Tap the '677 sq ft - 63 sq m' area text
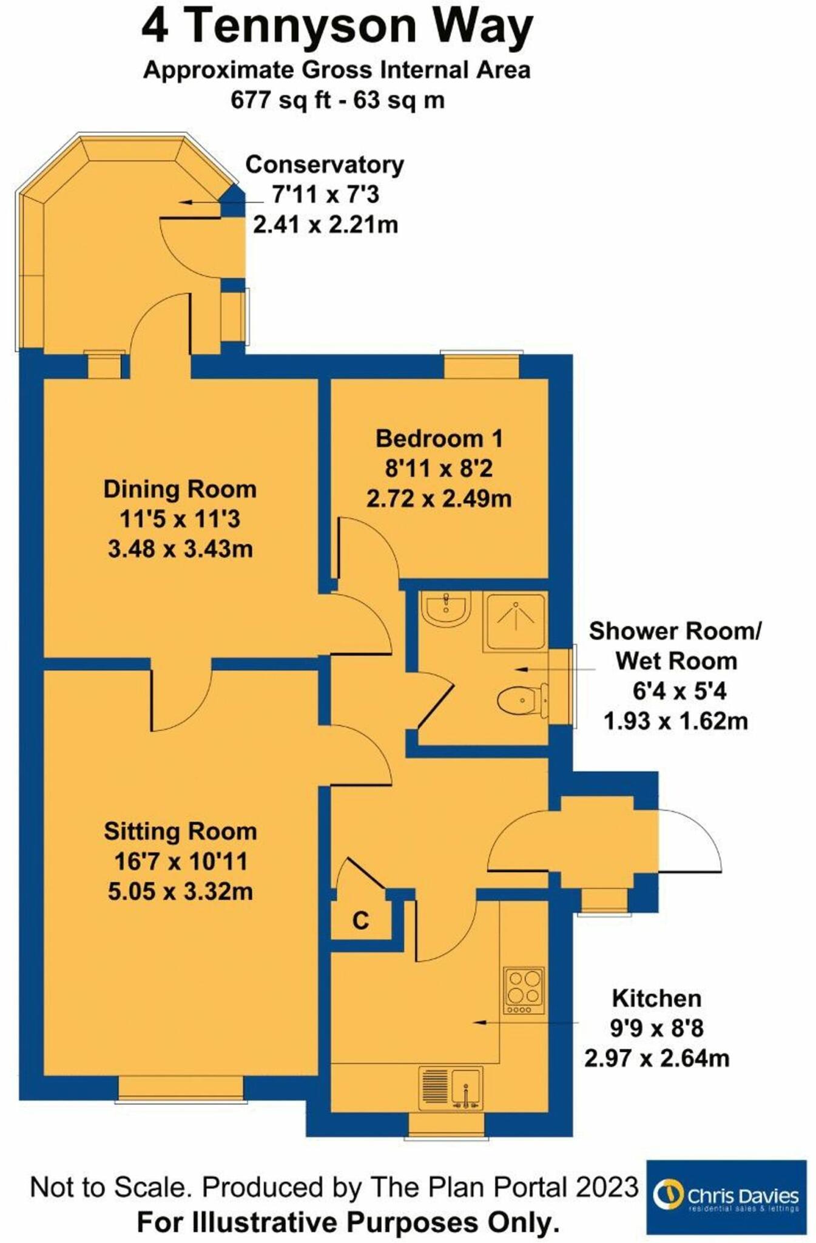point(337,100)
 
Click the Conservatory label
point(325,164)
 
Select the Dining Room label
point(180,489)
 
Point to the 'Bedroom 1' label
point(439,439)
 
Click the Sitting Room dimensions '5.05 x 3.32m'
point(180,892)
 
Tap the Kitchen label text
point(656,998)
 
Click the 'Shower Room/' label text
point(675,631)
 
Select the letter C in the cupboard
point(360,921)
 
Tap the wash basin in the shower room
point(446,608)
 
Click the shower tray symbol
point(514,622)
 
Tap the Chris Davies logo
point(726,1196)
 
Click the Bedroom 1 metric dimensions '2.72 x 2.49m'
point(439,499)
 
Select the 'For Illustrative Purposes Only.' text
point(348,1222)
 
